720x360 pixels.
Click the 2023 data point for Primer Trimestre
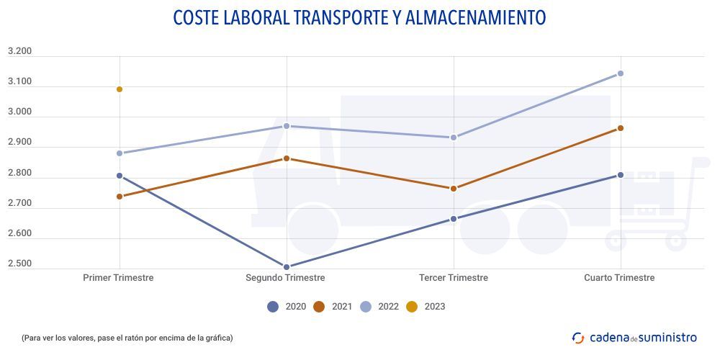click(x=120, y=89)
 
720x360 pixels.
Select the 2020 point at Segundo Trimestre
click(x=287, y=267)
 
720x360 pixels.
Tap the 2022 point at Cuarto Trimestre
click(x=621, y=73)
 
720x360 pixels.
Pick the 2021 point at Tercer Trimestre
click(x=454, y=189)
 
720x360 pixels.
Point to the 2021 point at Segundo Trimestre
click(x=287, y=158)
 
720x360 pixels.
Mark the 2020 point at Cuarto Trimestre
click(x=621, y=175)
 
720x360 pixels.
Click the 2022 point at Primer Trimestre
click(x=120, y=153)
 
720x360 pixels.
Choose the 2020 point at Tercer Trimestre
click(x=454, y=219)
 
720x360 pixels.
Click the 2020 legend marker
click(x=273, y=307)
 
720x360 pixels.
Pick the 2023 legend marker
click(x=412, y=307)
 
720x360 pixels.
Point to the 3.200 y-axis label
click(x=19, y=52)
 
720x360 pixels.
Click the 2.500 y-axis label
click(x=19, y=264)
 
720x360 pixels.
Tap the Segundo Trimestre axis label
click(x=285, y=278)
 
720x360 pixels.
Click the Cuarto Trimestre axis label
click(x=619, y=278)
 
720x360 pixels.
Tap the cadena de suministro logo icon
click(x=578, y=337)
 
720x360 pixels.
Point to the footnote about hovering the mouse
click(x=127, y=338)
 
